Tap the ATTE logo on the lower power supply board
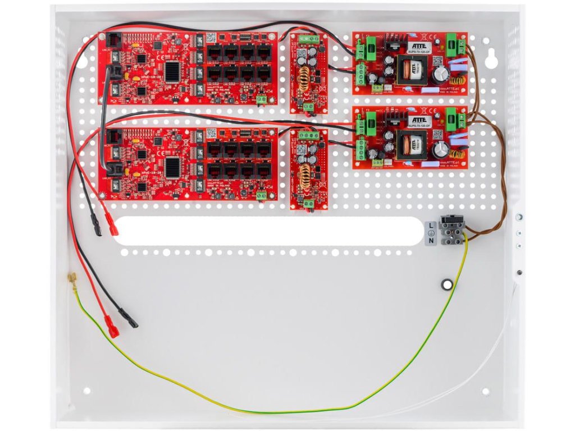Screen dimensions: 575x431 coord(420,120)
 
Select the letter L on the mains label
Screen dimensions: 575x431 coord(431,226)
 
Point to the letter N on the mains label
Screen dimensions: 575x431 coord(431,241)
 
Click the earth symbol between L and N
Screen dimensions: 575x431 coord(431,233)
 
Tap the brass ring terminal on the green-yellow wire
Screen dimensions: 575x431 coord(72,277)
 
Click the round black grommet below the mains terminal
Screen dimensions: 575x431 coord(447,285)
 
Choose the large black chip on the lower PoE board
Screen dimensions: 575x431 coord(173,167)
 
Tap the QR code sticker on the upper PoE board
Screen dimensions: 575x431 coord(211,38)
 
